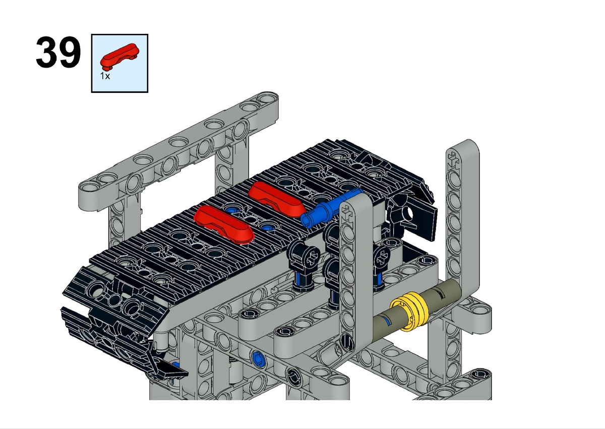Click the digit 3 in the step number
[x=47, y=52]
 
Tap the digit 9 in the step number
[x=70, y=52]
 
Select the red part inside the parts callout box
[x=119, y=56]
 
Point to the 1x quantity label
[x=105, y=76]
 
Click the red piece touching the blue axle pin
[x=276, y=199]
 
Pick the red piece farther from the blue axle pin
[x=224, y=223]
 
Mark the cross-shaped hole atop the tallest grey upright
[x=453, y=159]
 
